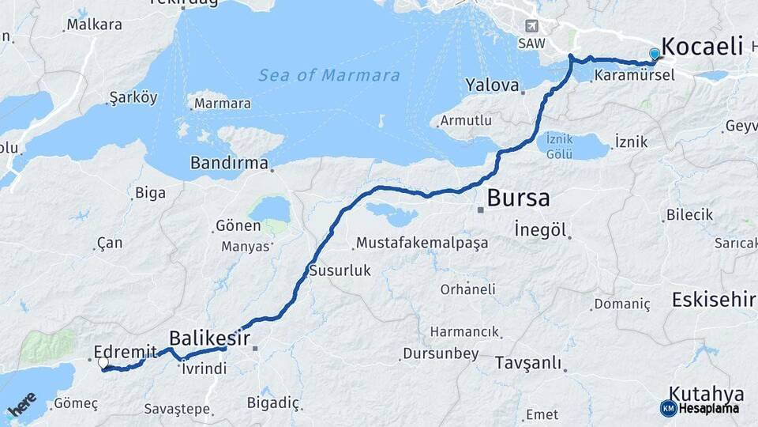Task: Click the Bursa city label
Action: pos(518,198)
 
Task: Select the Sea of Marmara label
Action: pos(329,76)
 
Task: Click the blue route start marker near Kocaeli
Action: pos(655,54)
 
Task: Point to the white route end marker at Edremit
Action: pos(103,363)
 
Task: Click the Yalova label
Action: pos(492,85)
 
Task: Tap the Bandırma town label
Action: pos(228,163)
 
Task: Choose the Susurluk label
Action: pos(340,270)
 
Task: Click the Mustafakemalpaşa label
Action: pos(422,243)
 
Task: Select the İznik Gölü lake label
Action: pos(559,147)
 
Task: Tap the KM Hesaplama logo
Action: pos(700,408)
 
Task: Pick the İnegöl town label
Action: pos(541,230)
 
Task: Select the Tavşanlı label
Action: pos(528,364)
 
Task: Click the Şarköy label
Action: pos(133,98)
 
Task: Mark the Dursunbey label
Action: pos(440,353)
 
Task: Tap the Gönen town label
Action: pos(238,227)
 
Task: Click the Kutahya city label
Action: pos(706,393)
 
